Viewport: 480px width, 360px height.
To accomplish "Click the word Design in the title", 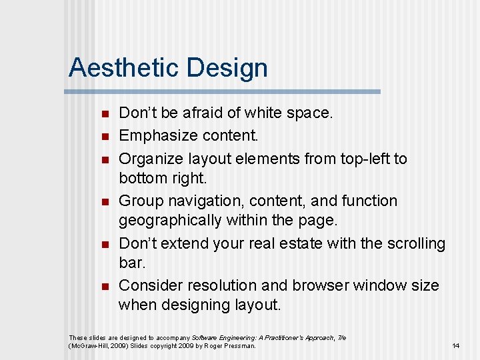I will click(227, 68).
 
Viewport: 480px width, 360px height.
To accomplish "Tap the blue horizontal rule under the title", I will click(224, 91).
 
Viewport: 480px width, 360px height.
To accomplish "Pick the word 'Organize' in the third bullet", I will click(151, 159).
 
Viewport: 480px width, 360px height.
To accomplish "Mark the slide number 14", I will click(456, 345).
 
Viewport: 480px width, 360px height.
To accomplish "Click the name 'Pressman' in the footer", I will click(238, 345).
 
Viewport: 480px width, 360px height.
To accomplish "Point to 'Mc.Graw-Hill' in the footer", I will click(89, 345).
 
